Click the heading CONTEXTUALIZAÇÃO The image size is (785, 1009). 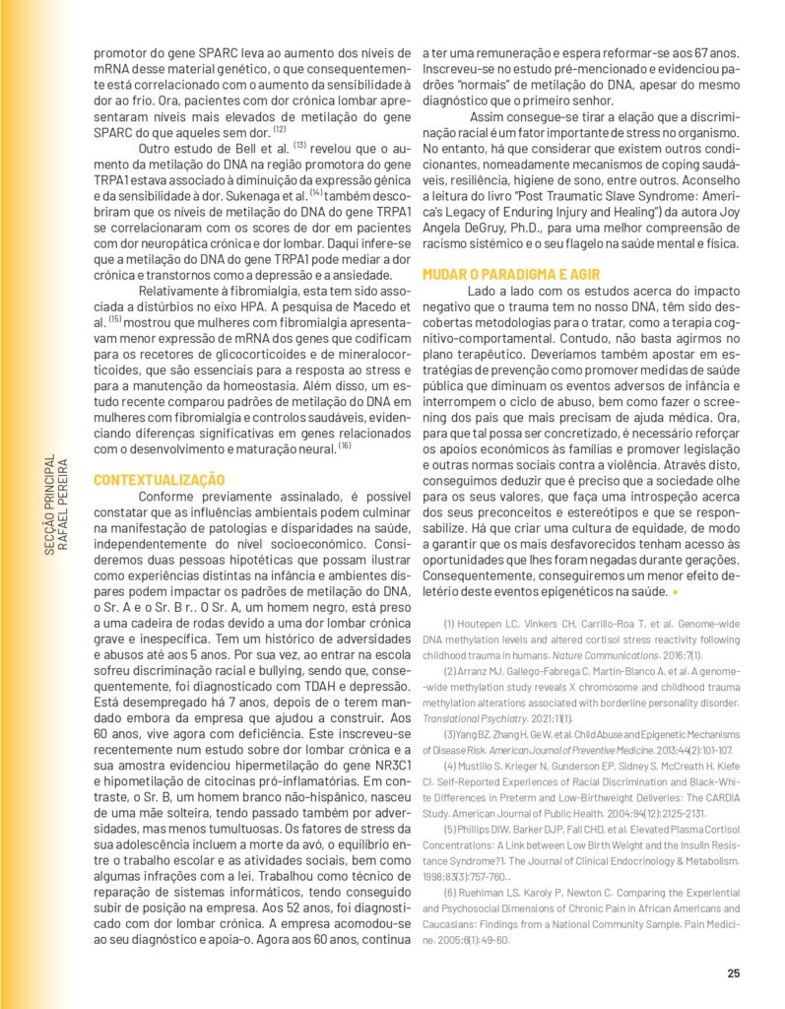(x=159, y=479)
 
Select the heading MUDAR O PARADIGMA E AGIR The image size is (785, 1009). (x=511, y=274)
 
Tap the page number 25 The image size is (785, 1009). (x=733, y=974)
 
